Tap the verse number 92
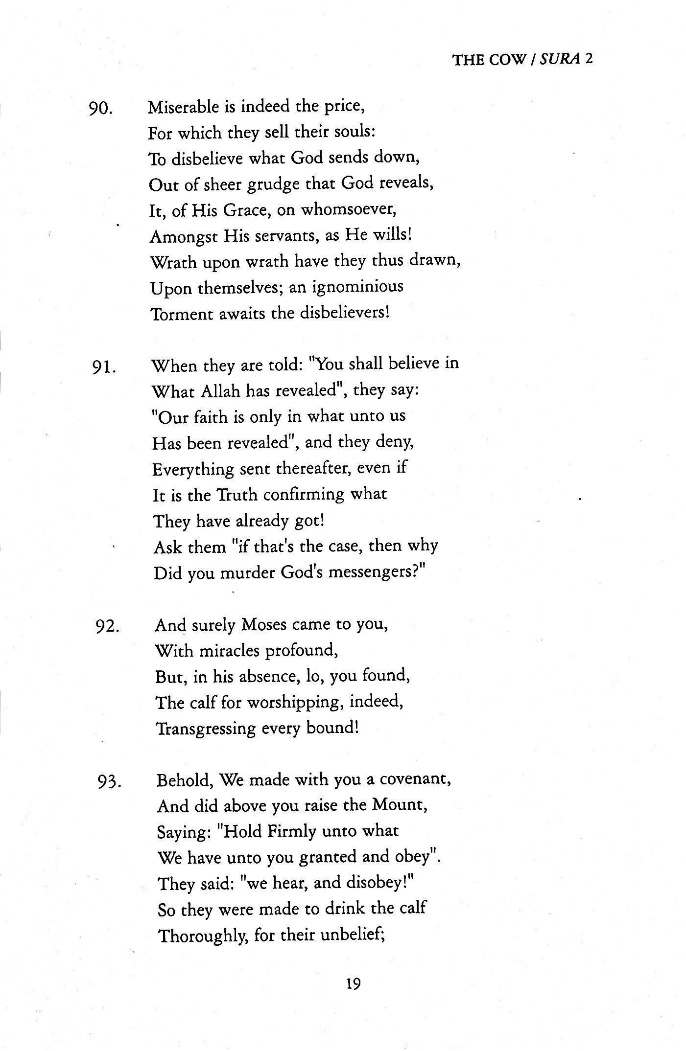tap(107, 627)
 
